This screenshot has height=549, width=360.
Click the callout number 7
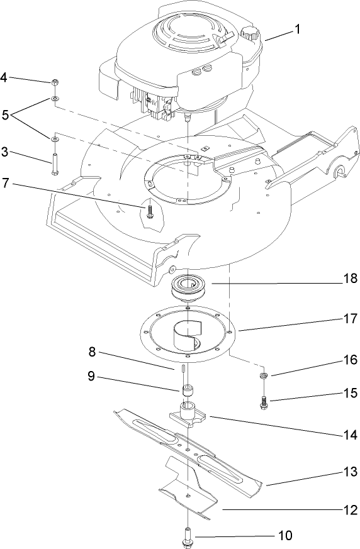(x=5, y=186)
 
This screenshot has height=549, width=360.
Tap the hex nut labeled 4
(x=55, y=82)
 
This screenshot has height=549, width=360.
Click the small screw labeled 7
(x=150, y=211)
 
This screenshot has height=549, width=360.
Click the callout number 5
(x=5, y=114)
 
